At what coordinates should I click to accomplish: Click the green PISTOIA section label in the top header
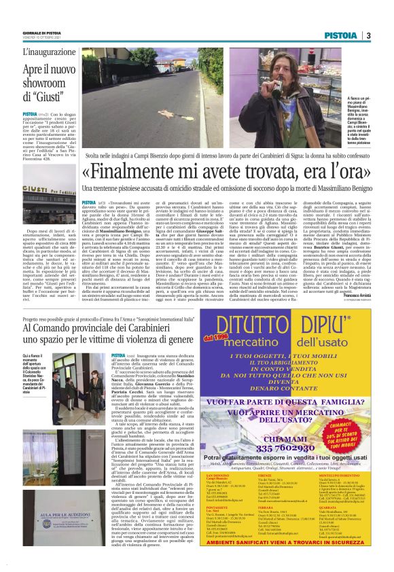tap(342, 35)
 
